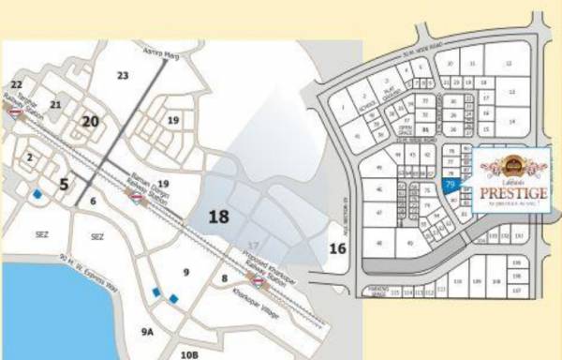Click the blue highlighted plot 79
tap(451, 187)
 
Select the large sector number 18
tap(218, 217)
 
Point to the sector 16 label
tap(338, 248)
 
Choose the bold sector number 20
tap(90, 121)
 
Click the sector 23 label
tap(123, 75)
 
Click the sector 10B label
tap(190, 353)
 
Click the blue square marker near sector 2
tap(37, 195)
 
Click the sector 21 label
tap(56, 105)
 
